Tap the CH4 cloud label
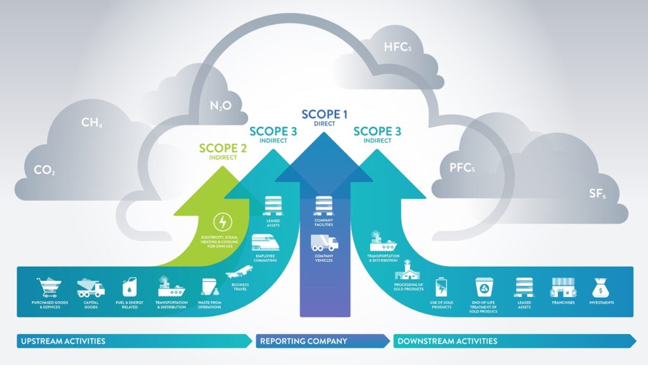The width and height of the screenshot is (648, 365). (x=92, y=122)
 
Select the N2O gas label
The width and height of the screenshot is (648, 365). (x=219, y=106)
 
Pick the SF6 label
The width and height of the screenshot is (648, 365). (x=597, y=194)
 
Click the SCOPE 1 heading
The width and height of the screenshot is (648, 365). (x=324, y=115)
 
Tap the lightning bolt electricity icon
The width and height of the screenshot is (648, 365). (x=222, y=222)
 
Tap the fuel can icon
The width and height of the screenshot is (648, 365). (x=128, y=288)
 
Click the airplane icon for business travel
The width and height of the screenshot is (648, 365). (x=235, y=274)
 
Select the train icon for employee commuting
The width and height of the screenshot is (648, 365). (x=266, y=242)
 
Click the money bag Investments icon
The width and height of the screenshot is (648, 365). (x=601, y=288)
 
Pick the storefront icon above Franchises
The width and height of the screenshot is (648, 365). (x=562, y=288)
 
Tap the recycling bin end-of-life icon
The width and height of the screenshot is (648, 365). (x=484, y=288)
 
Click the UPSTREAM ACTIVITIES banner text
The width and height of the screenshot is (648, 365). (x=61, y=341)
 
